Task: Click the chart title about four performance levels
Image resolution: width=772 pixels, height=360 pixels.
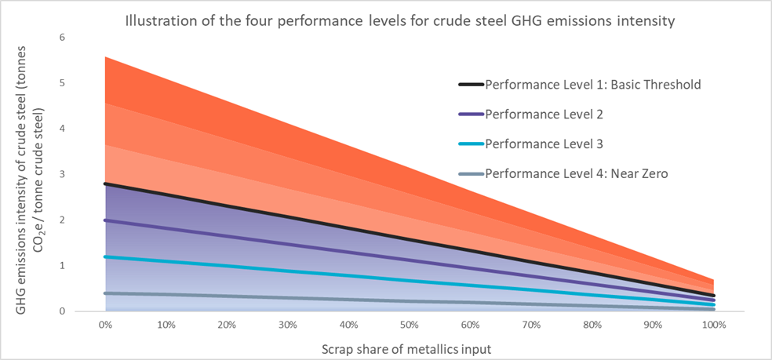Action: coord(400,21)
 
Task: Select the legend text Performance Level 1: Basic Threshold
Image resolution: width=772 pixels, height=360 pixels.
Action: coord(592,85)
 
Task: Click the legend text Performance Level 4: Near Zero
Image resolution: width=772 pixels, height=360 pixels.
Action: coord(577,174)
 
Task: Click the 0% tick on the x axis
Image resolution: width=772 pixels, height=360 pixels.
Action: coord(104,323)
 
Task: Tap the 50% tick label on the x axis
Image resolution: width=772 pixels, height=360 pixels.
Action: coord(409,323)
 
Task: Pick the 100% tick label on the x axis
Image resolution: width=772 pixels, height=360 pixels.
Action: coord(713,323)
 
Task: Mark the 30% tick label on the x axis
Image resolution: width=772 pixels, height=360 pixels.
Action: coord(287,323)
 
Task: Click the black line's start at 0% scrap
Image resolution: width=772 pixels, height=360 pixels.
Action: coord(105,184)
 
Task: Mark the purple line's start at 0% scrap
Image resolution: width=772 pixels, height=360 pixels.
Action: coord(105,220)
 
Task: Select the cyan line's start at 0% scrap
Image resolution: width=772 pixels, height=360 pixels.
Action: coord(105,256)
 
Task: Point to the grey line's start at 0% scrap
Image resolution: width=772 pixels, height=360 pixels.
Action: coord(105,293)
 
